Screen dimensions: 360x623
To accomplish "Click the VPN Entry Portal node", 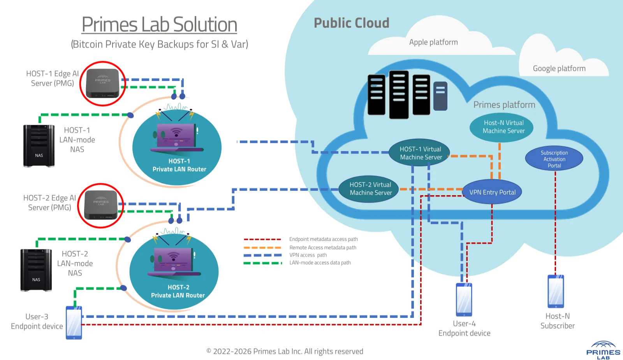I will [492, 192].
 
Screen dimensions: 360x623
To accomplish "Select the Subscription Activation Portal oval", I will [554, 159].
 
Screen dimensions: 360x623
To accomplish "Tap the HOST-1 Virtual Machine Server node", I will [421, 153].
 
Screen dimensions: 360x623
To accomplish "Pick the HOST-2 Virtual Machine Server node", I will [370, 189].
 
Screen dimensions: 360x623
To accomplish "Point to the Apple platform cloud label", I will [433, 42].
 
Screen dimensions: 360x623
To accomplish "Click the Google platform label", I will [559, 69].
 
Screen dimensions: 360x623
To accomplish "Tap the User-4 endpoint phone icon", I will [464, 299].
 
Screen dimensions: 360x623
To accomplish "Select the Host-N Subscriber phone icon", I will [556, 291].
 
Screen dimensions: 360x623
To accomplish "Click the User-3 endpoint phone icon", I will [74, 323].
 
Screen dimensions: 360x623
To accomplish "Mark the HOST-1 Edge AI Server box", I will [102, 83].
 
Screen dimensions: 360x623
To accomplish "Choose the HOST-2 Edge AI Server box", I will [101, 205].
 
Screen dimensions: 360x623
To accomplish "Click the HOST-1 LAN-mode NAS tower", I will [39, 146].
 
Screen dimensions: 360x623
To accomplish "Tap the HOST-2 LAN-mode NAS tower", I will [36, 270].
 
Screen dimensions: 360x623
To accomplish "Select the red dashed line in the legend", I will [262, 239].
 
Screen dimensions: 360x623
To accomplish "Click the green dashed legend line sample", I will [262, 263].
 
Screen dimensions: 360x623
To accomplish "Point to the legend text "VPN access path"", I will [308, 255].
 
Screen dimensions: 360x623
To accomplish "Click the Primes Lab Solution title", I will [159, 25].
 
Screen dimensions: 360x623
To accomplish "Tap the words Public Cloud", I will [351, 23].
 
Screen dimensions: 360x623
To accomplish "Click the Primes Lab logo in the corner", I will [603, 350].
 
